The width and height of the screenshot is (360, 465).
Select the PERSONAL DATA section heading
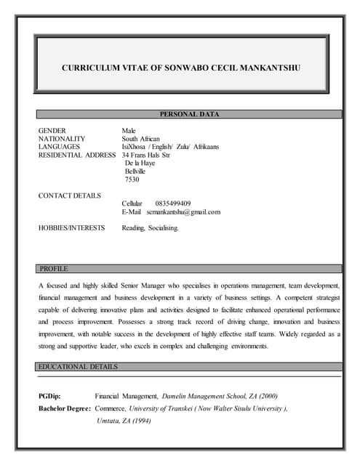189,114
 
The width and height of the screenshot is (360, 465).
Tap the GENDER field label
52,130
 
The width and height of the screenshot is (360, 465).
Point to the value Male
129,130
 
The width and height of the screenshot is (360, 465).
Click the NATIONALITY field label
62,138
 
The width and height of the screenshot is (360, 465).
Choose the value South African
141,138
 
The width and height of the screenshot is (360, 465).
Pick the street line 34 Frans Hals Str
146,155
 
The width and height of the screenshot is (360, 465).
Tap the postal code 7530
132,179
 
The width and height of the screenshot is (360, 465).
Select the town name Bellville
135,171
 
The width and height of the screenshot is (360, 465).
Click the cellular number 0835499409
173,203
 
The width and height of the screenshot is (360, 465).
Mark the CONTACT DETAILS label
69,195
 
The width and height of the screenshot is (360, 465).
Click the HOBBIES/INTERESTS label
71,228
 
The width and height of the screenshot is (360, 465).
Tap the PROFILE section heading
54,269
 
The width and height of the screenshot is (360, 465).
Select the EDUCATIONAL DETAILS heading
79,367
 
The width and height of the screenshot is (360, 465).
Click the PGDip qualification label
49,396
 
